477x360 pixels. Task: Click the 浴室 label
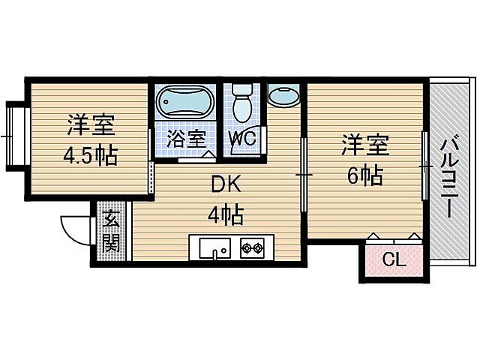pyautogui.click(x=185, y=138)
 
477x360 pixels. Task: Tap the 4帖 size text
pyautogui.click(x=224, y=217)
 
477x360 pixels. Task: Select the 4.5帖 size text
pyautogui.click(x=89, y=157)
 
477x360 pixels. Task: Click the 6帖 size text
pyautogui.click(x=364, y=176)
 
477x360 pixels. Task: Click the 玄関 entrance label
pyautogui.click(x=111, y=231)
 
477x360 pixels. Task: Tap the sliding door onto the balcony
pyautogui.click(x=424, y=165)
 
